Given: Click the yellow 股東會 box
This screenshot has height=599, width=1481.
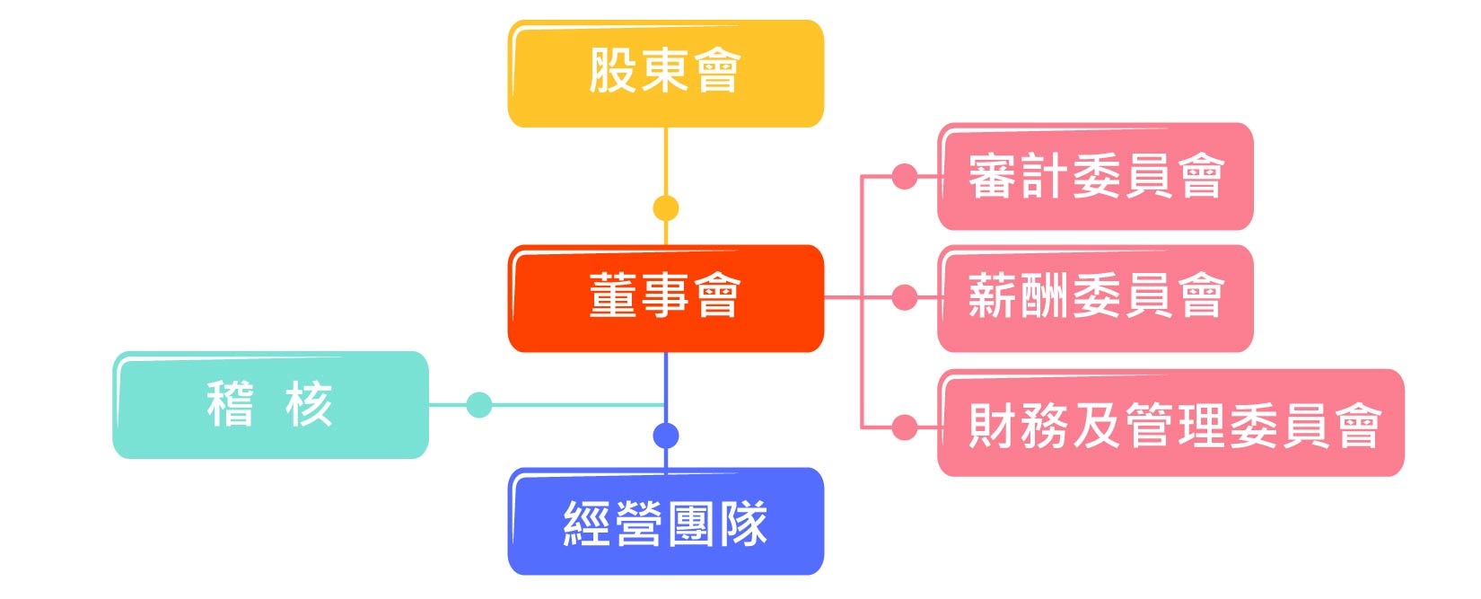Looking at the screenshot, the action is pos(666,74).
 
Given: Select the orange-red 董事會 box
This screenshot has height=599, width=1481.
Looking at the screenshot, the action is pos(666,298).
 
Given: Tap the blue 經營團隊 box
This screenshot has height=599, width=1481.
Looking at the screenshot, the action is pos(666,521).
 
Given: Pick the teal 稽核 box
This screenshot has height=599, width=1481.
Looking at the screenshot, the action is pos(270,405).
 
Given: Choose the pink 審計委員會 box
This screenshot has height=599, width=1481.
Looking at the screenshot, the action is pos(1096,177).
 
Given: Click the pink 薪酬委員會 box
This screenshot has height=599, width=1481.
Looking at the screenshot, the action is pos(1096,298).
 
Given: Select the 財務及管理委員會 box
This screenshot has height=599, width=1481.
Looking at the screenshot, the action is pos(1171,422).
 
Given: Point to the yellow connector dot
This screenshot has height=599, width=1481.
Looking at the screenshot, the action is pos(666,208).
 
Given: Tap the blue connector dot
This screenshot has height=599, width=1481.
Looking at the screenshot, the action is pos(666,436).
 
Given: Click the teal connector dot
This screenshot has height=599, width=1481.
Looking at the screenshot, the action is pos(479,405).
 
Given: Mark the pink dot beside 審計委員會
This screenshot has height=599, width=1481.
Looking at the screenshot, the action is pos(905,177).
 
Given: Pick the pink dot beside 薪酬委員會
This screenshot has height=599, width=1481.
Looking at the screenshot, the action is pos(905,297).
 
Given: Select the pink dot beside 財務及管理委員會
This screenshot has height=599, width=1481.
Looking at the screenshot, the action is pos(905,427).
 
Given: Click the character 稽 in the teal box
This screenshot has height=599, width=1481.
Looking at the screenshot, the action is pos(230,404).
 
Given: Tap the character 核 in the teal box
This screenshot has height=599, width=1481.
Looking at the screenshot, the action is pos(309,404).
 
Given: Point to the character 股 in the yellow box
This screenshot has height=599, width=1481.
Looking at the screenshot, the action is pos(613,69).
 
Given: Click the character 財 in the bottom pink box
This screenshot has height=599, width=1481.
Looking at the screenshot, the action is pos(993,425).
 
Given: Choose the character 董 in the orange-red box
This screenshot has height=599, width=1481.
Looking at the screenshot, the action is pos(613,295).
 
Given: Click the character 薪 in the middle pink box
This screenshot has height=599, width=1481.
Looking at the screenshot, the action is pos(993,295).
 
